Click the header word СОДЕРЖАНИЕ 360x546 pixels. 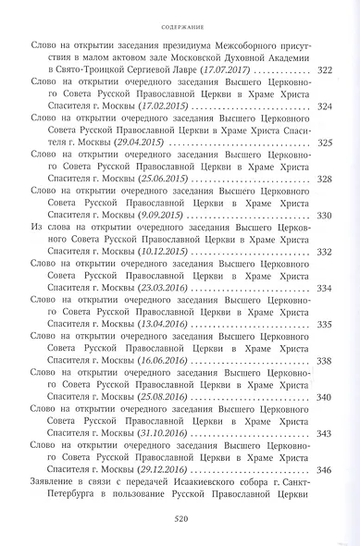tap(180, 14)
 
